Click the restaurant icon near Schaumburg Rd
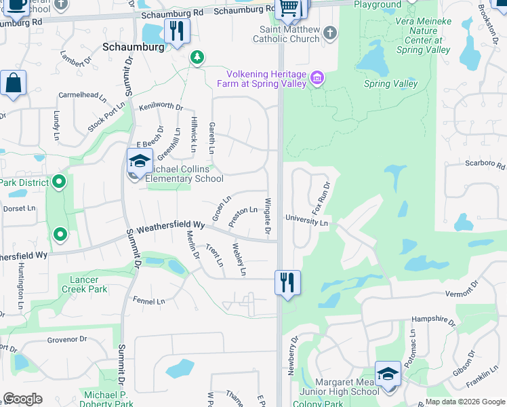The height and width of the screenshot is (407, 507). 177,31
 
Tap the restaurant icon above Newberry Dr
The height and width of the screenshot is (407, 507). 287,282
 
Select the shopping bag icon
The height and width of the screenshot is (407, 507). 13,83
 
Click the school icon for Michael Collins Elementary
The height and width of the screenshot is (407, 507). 139,161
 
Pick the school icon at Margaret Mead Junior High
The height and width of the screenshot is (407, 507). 387,374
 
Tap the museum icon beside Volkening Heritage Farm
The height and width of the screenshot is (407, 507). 317,79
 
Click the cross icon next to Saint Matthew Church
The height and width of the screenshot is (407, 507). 329,33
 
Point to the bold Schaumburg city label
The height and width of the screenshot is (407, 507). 134,47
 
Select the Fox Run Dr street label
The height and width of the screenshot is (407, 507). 321,195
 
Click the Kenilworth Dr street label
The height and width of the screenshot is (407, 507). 161,106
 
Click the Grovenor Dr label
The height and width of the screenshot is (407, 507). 67,338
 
